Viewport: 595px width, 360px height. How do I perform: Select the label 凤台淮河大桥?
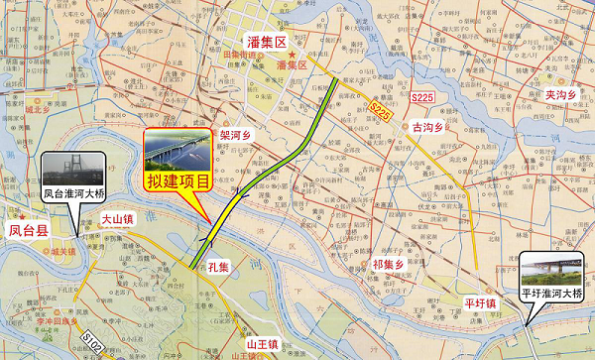click(73, 194)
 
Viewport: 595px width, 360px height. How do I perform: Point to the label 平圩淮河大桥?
click(552, 295)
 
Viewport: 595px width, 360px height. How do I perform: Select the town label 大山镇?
click(116, 218)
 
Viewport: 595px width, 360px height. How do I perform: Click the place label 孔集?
click(219, 268)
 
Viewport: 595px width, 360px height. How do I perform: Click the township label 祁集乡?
click(388, 264)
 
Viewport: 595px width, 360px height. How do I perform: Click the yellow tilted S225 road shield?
click(378, 108)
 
